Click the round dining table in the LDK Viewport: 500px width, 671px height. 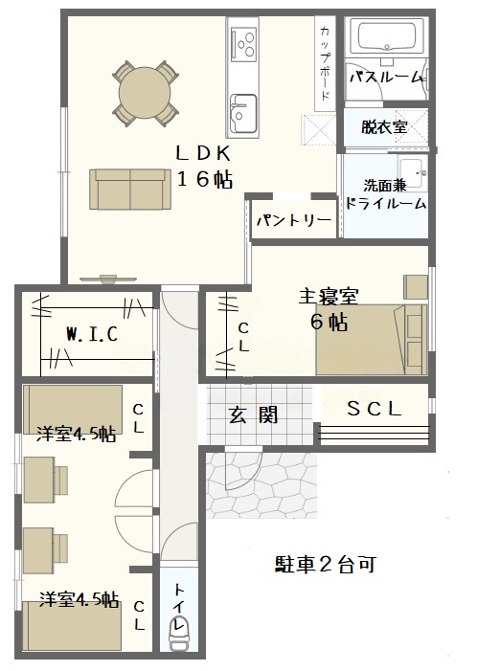(x=145, y=93)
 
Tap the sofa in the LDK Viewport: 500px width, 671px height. (x=130, y=190)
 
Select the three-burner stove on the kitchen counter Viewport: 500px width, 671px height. (x=243, y=43)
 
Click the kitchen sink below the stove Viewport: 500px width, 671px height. (x=243, y=113)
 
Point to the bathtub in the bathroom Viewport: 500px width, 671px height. (x=387, y=36)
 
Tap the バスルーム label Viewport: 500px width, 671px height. (x=387, y=78)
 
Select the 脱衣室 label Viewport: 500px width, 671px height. (x=384, y=127)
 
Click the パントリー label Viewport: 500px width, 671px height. (x=294, y=220)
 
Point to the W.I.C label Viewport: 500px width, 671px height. (x=92, y=334)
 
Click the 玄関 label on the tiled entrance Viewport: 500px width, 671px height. (x=254, y=414)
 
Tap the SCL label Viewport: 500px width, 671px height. (x=375, y=409)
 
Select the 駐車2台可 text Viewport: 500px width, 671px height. (x=326, y=565)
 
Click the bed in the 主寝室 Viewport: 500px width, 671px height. (x=371, y=340)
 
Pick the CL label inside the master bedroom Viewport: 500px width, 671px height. (x=243, y=337)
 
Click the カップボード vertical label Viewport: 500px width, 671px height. (x=325, y=62)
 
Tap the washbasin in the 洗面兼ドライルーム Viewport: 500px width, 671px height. (x=413, y=171)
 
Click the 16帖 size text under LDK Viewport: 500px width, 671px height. (x=205, y=179)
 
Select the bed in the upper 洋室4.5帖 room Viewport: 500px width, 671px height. (x=73, y=409)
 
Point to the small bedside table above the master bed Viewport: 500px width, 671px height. (x=416, y=286)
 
